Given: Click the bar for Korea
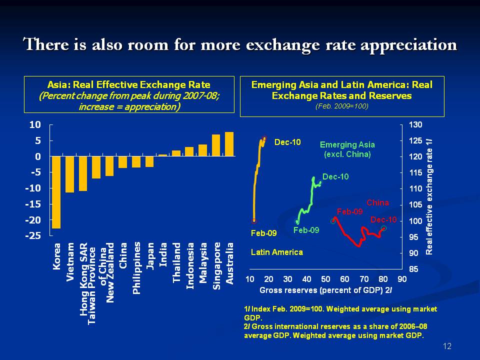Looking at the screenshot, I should (x=56, y=192).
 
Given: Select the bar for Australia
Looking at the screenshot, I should (x=229, y=144).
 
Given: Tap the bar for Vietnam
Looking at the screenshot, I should (x=70, y=174).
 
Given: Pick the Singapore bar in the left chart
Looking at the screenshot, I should (x=216, y=145).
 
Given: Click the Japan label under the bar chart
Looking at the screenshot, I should (x=150, y=256).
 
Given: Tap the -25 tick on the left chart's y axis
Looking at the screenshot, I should (x=34, y=236).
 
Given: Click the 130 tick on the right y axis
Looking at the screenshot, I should (x=416, y=124).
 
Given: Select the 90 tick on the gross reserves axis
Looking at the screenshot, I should (x=402, y=279).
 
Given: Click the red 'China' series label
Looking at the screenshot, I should (x=377, y=202).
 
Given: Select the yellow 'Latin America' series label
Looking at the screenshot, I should (x=276, y=252).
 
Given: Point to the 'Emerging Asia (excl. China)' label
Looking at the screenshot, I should (x=347, y=149).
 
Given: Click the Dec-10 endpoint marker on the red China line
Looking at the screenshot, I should (x=383, y=228).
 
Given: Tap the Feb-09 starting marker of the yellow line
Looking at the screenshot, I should (x=254, y=220).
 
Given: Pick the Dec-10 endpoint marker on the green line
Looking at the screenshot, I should (x=320, y=183).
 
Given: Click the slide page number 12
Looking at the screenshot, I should (x=447, y=346).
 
